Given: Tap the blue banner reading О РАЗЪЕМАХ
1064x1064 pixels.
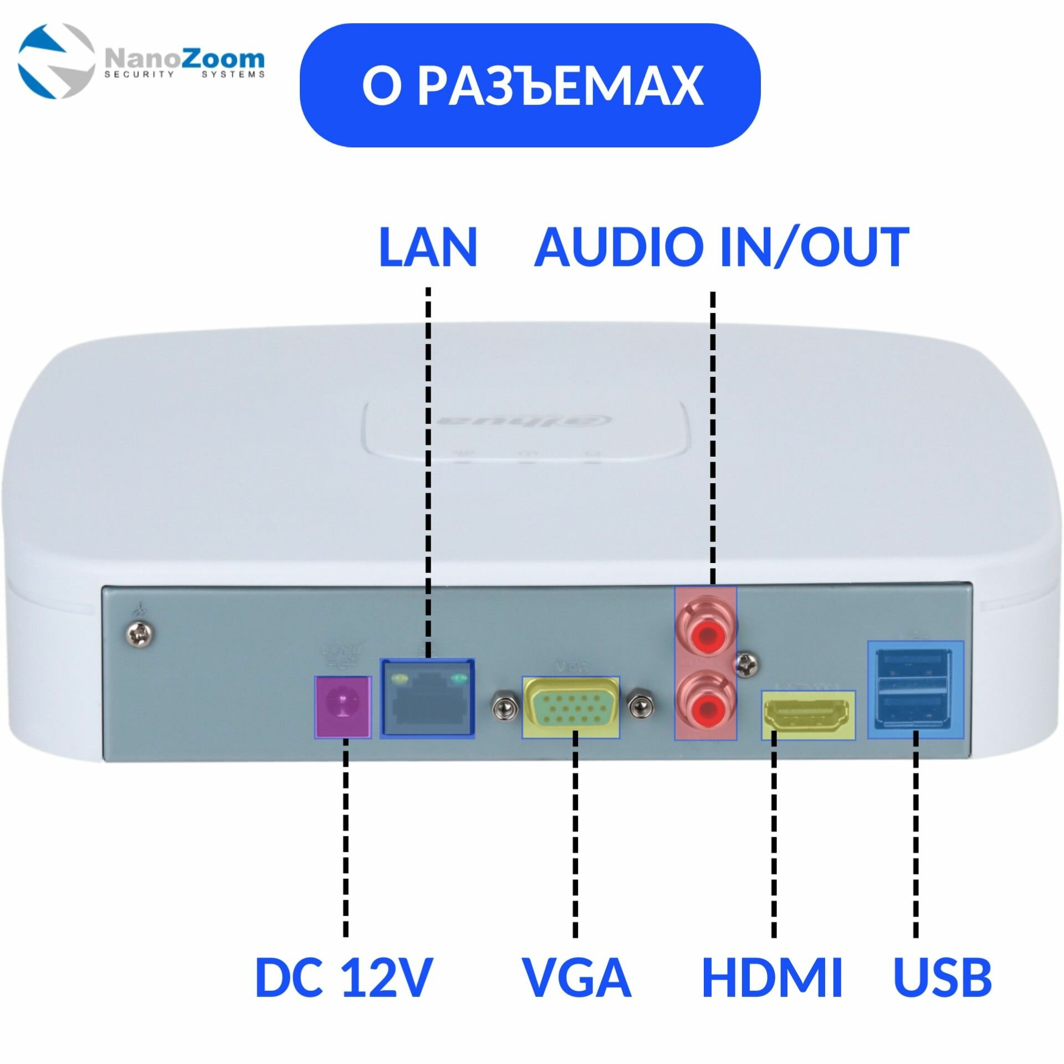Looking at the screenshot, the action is click(x=530, y=85).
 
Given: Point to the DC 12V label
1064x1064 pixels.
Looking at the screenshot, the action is click(x=343, y=978).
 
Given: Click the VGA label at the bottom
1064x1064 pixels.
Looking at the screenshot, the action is click(x=576, y=978).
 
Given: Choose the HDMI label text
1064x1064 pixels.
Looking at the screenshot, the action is click(x=772, y=978).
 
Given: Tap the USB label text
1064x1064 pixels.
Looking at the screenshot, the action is click(x=942, y=978).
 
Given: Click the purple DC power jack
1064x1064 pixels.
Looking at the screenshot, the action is click(x=342, y=707).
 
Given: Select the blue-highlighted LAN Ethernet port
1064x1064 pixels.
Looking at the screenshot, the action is click(x=427, y=698).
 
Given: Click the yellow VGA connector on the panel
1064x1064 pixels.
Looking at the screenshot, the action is click(x=571, y=707).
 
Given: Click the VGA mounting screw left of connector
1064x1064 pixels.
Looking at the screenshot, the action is click(x=503, y=707).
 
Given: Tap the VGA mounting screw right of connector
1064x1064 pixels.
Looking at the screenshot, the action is click(x=640, y=707).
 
